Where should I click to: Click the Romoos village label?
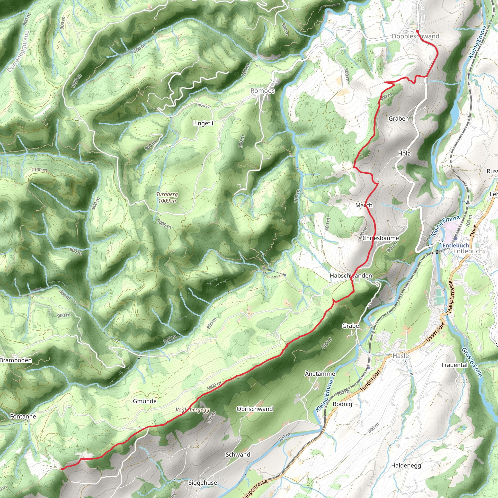[x=263, y=91]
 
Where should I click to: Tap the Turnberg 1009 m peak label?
[x=167, y=197]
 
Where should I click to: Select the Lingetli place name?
[x=203, y=123]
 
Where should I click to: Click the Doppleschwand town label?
[x=415, y=36]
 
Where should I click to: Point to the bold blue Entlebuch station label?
[x=456, y=245]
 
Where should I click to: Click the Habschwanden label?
[x=351, y=276]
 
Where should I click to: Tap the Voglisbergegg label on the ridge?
[x=193, y=409]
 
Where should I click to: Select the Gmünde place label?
[x=145, y=401]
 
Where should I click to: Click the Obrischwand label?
[x=254, y=409]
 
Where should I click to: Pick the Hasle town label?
[x=400, y=356]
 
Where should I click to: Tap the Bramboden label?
[x=16, y=360]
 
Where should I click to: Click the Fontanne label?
[x=23, y=416]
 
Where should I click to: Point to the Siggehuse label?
[x=203, y=482]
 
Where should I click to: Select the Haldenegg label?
[x=406, y=465]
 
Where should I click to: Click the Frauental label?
[x=454, y=365]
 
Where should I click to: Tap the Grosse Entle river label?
[x=471, y=362]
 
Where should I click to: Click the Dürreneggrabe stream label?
[x=18, y=52]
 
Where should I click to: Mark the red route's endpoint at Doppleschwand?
[x=417, y=31]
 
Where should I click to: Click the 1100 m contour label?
[x=39, y=170]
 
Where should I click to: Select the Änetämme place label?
[x=320, y=373]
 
